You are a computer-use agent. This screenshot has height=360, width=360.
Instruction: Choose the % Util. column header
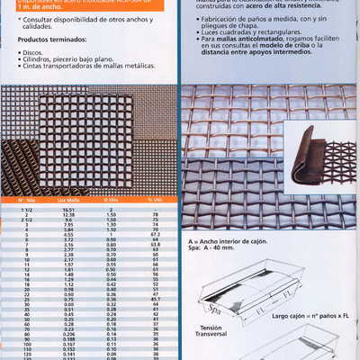coord(155,198)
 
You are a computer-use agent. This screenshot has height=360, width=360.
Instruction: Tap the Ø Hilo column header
coord(112,198)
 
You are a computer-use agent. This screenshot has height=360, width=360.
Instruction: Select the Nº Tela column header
coord(27,198)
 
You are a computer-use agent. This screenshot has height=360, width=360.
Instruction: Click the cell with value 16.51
coord(68,208)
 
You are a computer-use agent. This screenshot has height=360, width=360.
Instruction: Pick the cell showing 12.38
coord(68,214)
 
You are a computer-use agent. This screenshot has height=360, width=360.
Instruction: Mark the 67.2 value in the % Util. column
coord(155,234)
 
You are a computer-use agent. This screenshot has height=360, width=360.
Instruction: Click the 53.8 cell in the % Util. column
coord(155,245)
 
